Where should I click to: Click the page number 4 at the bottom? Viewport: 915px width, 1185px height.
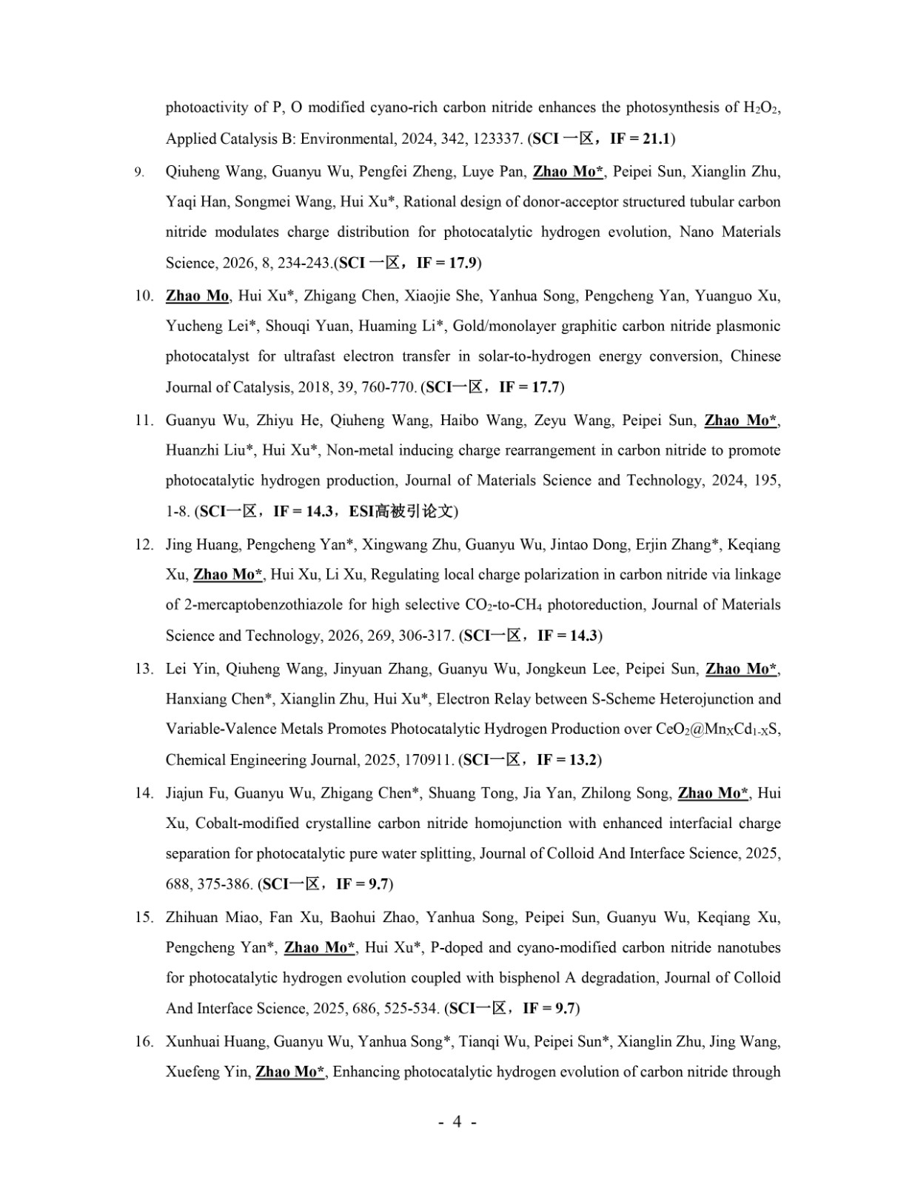click(457, 1121)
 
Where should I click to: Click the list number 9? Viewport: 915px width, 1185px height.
click(138, 173)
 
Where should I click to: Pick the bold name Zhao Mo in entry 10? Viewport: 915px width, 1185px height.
click(197, 296)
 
